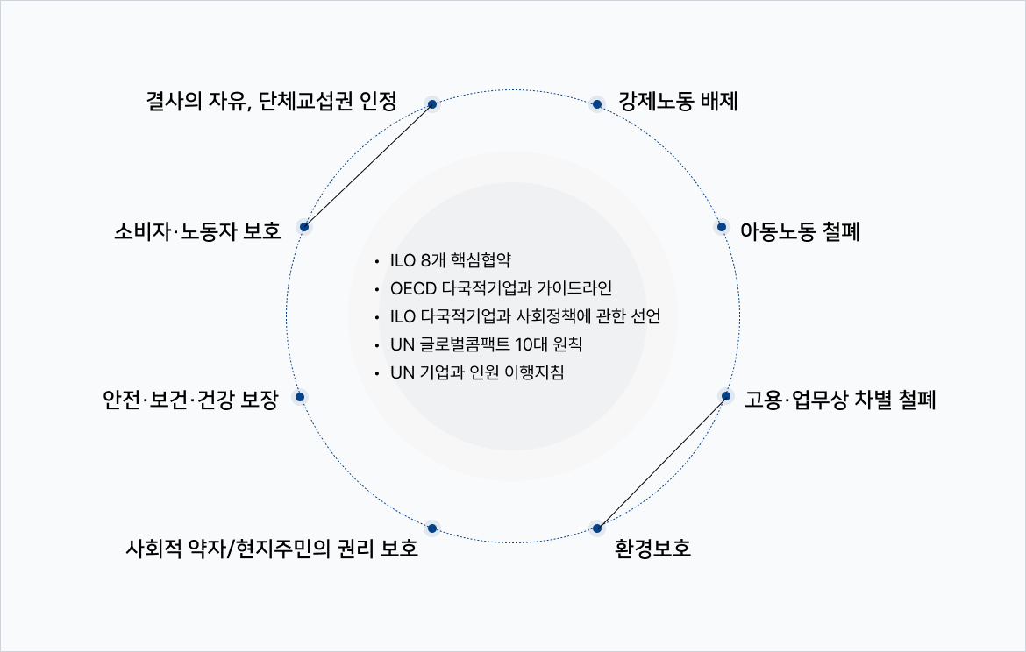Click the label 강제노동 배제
click(678, 102)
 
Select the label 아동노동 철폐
click(800, 232)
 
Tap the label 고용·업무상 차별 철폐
click(840, 401)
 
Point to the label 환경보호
click(653, 550)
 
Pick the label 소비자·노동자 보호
click(197, 232)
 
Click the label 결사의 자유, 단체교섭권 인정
click(272, 102)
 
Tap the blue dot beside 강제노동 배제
click(597, 104)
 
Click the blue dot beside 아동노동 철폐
click(722, 227)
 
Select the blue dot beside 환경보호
click(597, 528)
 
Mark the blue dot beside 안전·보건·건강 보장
click(300, 397)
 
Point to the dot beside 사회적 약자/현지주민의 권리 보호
click(431, 528)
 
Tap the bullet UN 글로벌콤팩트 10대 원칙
click(486, 344)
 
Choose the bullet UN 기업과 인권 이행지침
click(477, 372)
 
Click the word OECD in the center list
click(411, 288)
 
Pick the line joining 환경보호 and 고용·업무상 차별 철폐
click(661, 463)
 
